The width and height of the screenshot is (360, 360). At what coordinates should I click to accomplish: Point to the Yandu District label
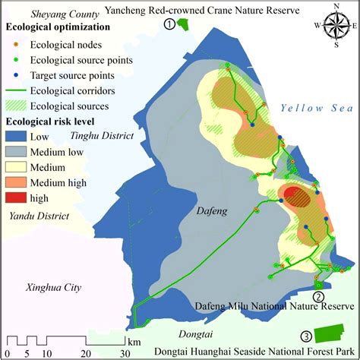click(36, 216)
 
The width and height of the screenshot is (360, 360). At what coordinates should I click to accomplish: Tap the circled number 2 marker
click(318, 296)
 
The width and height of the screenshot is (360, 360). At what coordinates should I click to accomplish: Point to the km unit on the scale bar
click(134, 342)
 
